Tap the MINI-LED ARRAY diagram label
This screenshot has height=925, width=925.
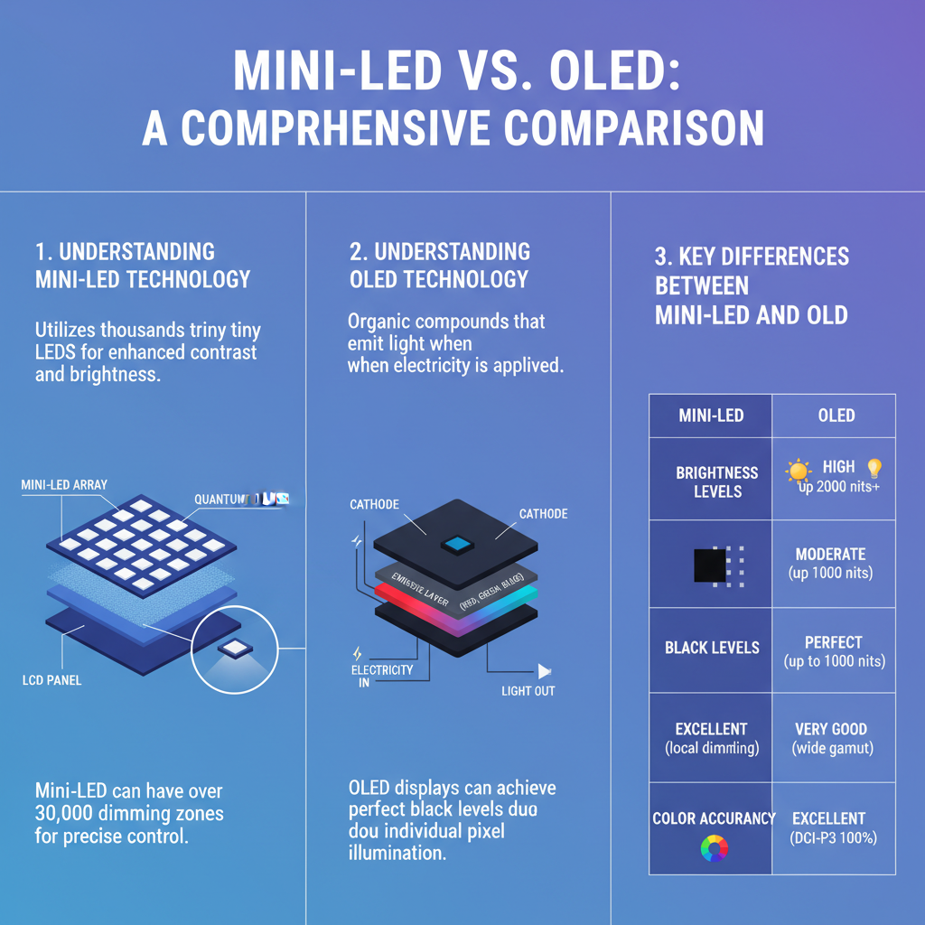coord(64,485)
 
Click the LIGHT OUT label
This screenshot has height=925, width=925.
coord(528,691)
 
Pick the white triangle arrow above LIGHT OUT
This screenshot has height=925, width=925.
coord(544,671)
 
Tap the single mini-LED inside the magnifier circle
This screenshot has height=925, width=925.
coord(236,647)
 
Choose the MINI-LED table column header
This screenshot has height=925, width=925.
coord(711,416)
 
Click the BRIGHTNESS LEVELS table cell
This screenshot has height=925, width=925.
coord(711,481)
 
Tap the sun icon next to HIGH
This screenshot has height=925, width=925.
coord(799,470)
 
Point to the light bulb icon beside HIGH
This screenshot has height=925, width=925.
coord(874,468)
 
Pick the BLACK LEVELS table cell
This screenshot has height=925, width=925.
coord(712,648)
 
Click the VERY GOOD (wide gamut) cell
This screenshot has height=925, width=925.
coord(831,738)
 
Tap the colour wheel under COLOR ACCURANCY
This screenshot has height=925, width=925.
coord(714,848)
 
